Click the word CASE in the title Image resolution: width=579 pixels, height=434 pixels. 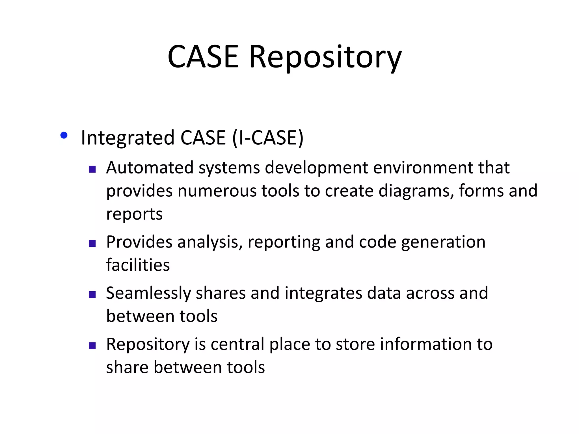pos(203,57)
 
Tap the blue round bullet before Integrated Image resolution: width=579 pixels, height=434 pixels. pos(64,135)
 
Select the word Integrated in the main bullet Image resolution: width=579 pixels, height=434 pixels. pos(128,138)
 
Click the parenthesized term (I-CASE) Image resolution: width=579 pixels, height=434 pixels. pos(267,138)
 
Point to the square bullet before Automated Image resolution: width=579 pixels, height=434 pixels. pos(92,169)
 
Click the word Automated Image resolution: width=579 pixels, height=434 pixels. pos(150,168)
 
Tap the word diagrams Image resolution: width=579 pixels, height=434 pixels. pos(414,191)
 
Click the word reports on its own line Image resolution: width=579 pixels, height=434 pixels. pos(134,214)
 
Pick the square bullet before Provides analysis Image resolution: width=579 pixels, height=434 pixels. pos(92,244)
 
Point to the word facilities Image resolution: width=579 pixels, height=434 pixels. pos(138,265)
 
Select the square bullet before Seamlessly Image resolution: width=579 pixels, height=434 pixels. pos(92,295)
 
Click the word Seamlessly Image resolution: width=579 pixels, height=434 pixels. pos(148,293)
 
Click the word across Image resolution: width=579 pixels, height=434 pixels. pos(430,293)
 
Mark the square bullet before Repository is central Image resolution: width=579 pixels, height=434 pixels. pos(92,346)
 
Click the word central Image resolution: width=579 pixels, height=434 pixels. pos(237,344)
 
